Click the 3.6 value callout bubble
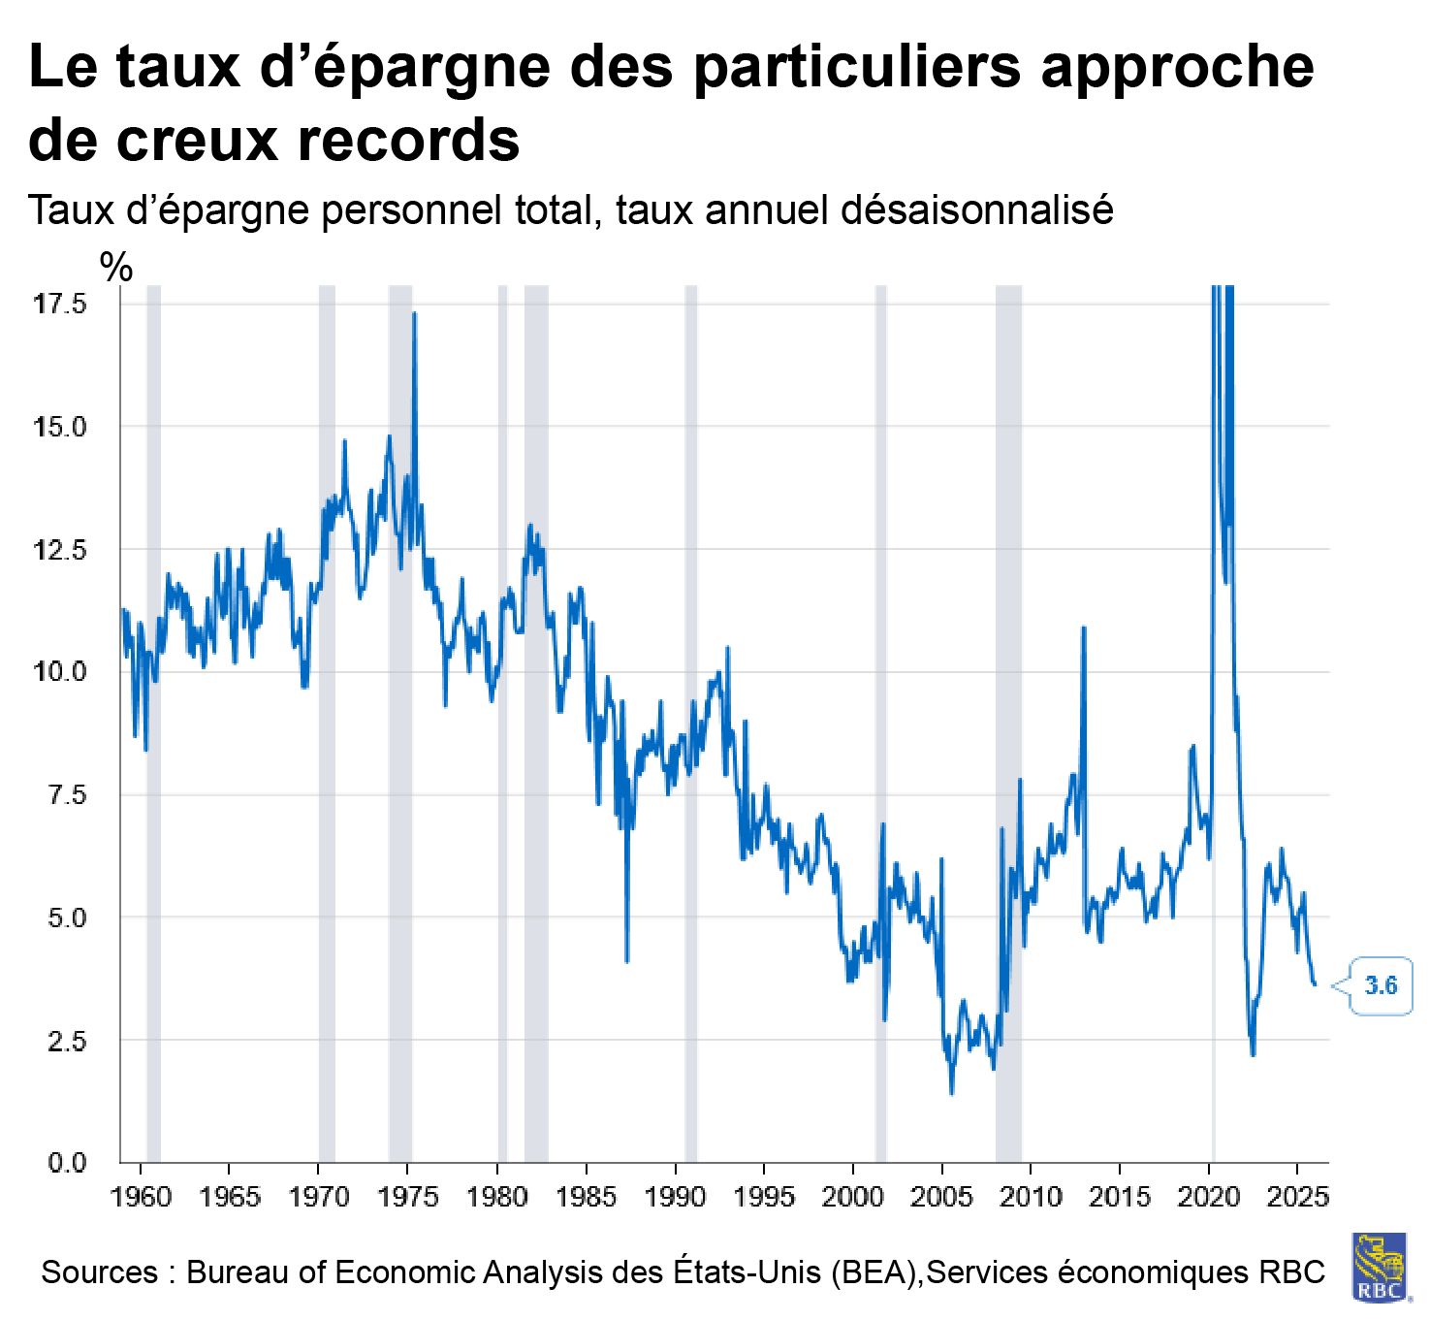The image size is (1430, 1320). pos(1381,985)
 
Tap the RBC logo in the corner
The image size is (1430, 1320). pos(1381,1266)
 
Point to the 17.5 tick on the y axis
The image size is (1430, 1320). pos(60,304)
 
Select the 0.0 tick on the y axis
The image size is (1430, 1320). pos(67,1162)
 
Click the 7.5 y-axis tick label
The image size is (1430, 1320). pos(67,794)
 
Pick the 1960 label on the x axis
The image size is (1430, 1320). pos(142,1196)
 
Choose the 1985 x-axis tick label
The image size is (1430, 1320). pos(586,1196)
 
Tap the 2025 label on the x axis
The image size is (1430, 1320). pos(1297,1196)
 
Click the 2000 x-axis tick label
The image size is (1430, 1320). pos(852,1196)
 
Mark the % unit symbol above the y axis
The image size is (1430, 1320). pos(116,267)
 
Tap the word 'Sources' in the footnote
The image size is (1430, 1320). pos(99,1272)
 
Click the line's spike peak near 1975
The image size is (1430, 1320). pos(415,313)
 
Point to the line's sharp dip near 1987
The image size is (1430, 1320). pos(627,960)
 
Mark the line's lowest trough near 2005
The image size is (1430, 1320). pos(951,1093)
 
